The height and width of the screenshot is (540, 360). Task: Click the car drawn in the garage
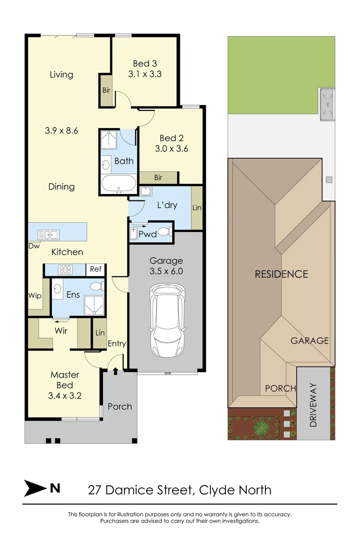click(167, 320)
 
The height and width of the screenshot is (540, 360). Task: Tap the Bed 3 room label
click(144, 63)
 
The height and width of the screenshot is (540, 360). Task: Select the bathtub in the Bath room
click(118, 184)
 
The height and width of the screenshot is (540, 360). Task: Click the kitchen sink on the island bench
click(48, 234)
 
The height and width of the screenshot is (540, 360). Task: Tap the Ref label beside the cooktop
click(95, 269)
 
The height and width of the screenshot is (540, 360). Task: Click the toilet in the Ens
click(96, 286)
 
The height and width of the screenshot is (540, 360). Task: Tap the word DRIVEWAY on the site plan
click(313, 404)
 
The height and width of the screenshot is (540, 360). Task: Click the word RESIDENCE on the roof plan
click(281, 274)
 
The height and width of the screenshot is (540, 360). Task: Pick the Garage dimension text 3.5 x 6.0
click(166, 271)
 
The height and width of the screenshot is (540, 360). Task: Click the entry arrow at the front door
click(116, 371)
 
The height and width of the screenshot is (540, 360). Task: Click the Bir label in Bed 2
click(158, 178)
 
